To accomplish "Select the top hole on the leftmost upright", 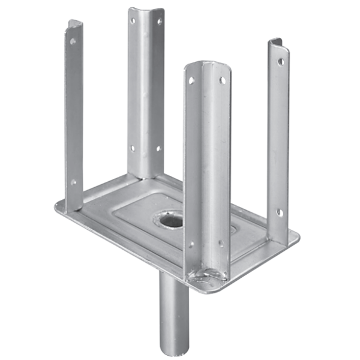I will [73, 42].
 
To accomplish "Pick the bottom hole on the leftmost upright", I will [73, 182].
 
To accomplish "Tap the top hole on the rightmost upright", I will [280, 61].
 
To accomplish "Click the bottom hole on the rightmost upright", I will [279, 212].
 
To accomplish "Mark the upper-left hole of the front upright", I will [191, 80].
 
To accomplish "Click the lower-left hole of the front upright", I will [191, 244].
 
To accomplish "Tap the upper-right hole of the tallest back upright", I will [160, 22].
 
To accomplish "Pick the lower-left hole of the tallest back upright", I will [133, 148].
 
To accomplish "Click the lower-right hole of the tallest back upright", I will [159, 148].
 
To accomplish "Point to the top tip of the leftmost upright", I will [74, 23].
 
